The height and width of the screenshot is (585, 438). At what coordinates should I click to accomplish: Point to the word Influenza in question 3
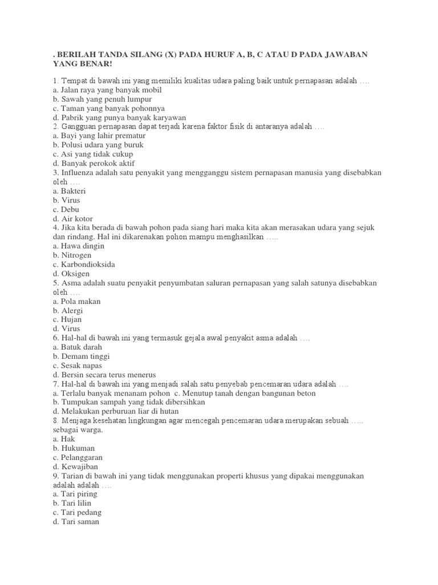[x=78, y=173]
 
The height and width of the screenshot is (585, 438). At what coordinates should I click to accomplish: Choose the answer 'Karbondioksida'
[x=83, y=265]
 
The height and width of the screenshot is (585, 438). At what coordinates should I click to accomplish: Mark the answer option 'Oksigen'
[x=71, y=274]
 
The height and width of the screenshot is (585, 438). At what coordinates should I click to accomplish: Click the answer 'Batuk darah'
[x=77, y=347]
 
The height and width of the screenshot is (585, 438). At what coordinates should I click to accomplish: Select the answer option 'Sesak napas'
[x=77, y=365]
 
